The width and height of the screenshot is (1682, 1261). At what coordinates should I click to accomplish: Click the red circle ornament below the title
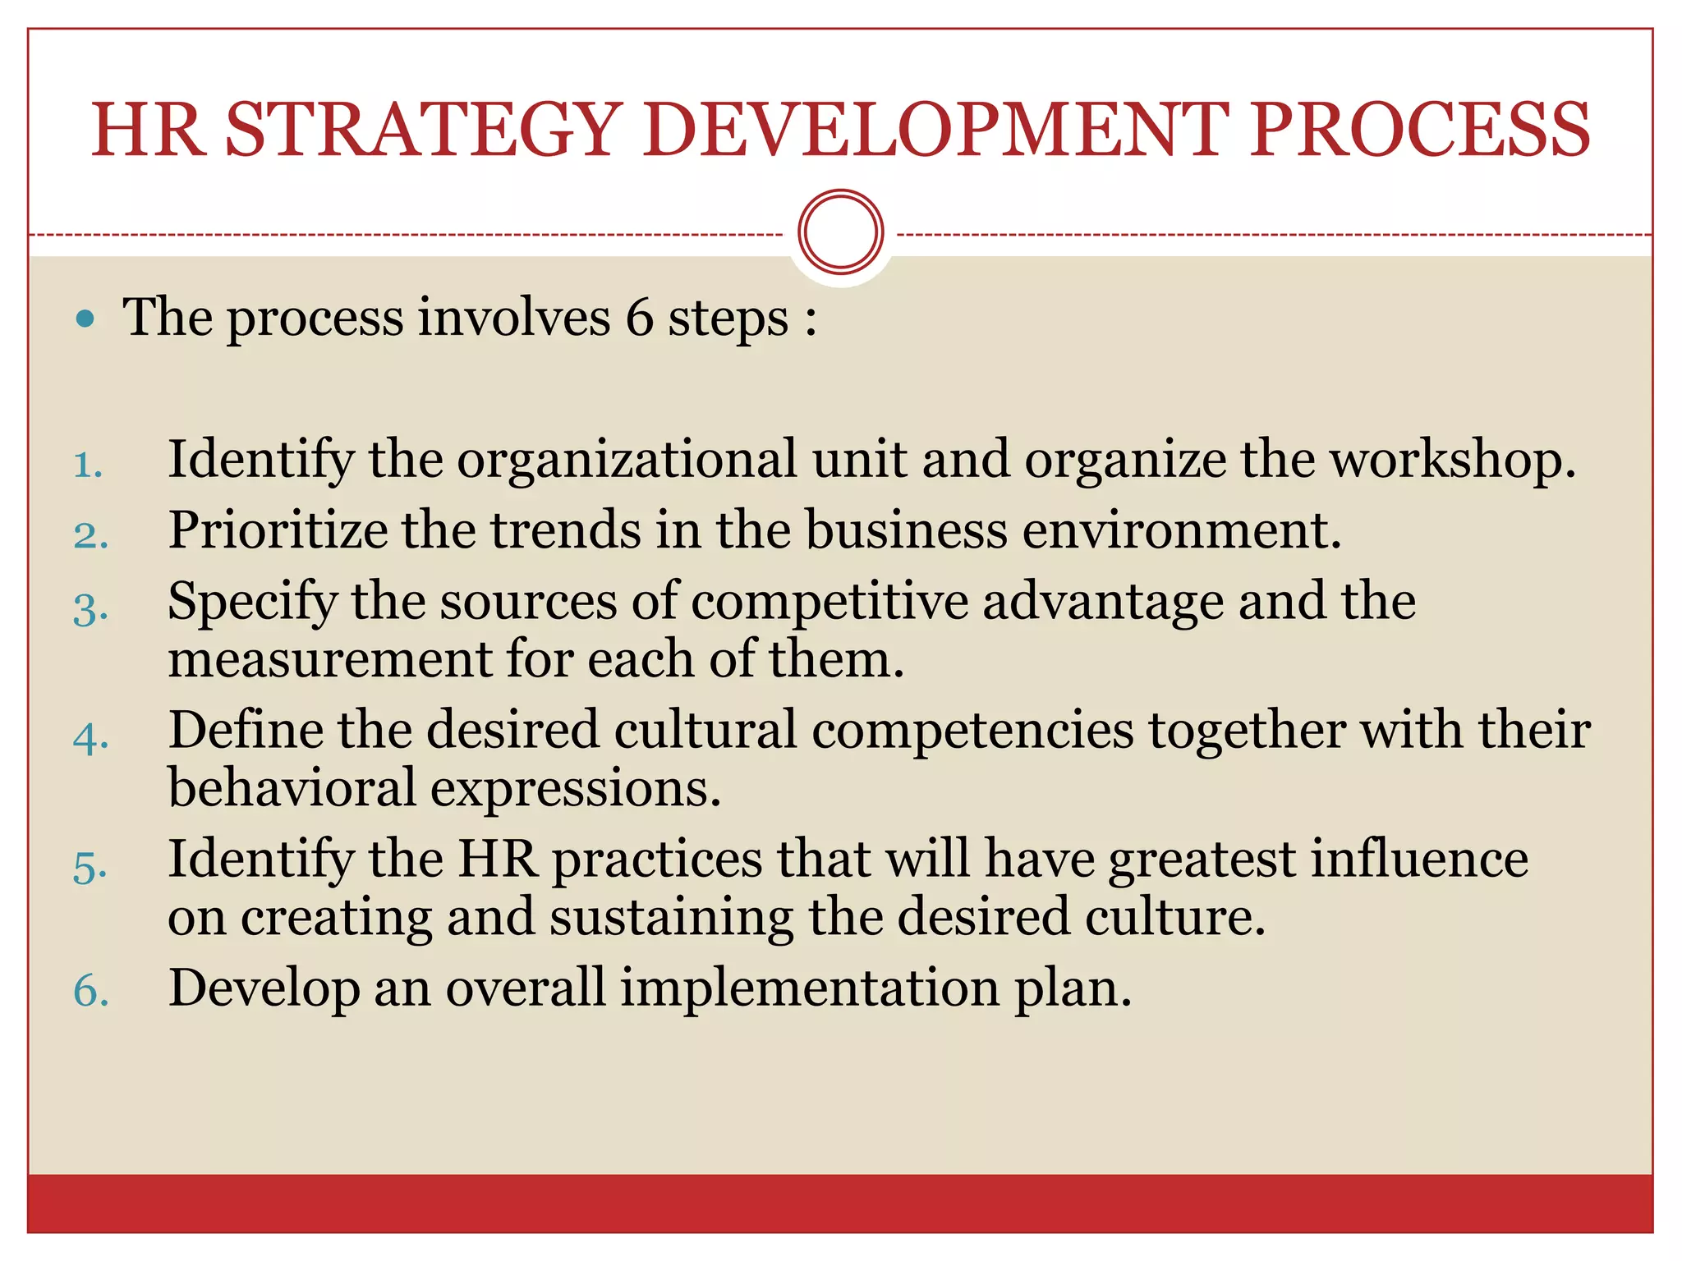pyautogui.click(x=840, y=232)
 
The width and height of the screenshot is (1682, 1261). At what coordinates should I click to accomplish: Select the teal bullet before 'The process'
pyautogui.click(x=85, y=319)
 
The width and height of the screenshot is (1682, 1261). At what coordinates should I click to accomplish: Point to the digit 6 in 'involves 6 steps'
pyautogui.click(x=639, y=318)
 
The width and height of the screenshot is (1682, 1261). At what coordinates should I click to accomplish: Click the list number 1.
pyautogui.click(x=87, y=465)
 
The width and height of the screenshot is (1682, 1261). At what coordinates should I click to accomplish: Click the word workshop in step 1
pyautogui.click(x=1452, y=460)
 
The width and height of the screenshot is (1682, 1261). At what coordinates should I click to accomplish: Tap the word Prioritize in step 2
pyautogui.click(x=278, y=530)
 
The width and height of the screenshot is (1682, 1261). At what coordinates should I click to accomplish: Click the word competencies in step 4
pyautogui.click(x=973, y=730)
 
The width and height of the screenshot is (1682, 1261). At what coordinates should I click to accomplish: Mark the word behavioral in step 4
pyautogui.click(x=292, y=788)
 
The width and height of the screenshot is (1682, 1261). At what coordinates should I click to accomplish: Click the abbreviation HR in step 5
pyautogui.click(x=498, y=859)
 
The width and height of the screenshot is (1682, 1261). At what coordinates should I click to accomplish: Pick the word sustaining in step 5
pyautogui.click(x=671, y=917)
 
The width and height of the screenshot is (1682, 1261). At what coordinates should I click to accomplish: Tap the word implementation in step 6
pyautogui.click(x=809, y=988)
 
